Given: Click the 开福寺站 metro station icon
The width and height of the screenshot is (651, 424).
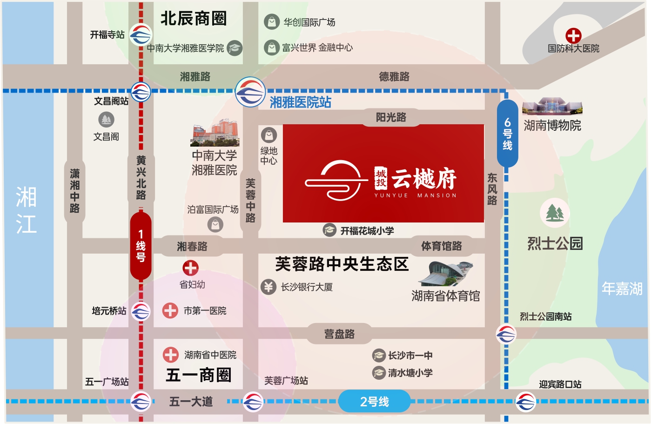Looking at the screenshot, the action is [x=141, y=35].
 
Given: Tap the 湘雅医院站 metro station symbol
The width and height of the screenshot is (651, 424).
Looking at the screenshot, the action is [x=250, y=92].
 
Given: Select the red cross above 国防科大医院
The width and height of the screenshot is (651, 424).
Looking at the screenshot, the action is [x=573, y=36].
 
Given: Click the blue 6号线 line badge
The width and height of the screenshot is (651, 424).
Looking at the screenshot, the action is [x=507, y=134].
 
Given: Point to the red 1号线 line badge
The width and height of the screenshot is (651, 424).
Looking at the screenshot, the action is [x=141, y=246].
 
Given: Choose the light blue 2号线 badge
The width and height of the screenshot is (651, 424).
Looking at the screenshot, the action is [x=374, y=401].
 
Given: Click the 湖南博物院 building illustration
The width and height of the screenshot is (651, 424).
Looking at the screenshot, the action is [x=552, y=107].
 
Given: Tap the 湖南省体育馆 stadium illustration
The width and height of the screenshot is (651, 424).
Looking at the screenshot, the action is [x=445, y=274].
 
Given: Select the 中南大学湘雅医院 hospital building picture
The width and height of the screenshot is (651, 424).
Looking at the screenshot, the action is [x=215, y=133].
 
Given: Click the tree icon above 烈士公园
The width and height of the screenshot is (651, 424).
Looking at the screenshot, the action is [x=555, y=213].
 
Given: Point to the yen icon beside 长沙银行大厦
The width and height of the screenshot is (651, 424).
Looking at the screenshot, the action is [x=268, y=287].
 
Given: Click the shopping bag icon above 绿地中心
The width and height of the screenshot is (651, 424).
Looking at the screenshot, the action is [x=269, y=135].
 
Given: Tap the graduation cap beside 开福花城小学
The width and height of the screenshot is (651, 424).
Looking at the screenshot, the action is [x=329, y=230].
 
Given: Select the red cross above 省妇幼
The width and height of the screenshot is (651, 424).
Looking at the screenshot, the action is [x=191, y=268].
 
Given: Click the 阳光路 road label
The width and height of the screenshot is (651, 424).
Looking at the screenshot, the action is [x=391, y=117].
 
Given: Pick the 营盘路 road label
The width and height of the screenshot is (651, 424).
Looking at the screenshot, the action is [x=339, y=334].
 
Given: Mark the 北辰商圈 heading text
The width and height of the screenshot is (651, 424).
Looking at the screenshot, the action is [x=194, y=19].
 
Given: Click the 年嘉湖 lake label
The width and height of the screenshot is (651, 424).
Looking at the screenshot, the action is [x=622, y=289].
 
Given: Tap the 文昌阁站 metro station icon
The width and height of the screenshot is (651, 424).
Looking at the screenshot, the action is [x=141, y=92].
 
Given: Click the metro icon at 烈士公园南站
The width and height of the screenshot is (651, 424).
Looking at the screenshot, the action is [x=506, y=334].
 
